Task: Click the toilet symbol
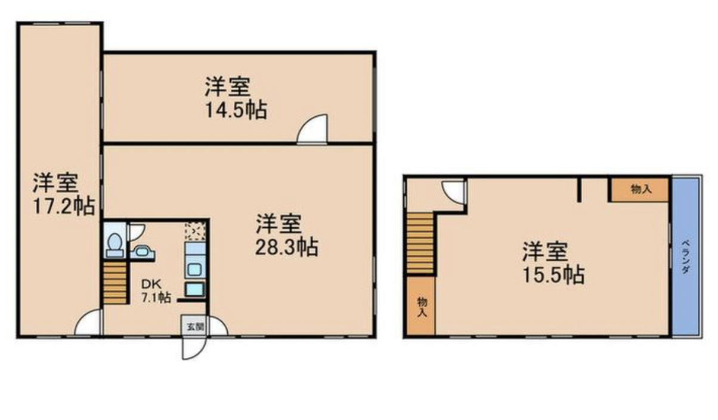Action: pyautogui.click(x=114, y=246)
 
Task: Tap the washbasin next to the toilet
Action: pyautogui.click(x=142, y=252)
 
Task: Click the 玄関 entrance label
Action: pyautogui.click(x=195, y=327)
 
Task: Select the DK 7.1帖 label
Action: pyautogui.click(x=156, y=291)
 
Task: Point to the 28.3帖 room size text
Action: pyautogui.click(x=287, y=247)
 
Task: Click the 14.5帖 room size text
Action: pyautogui.click(x=236, y=110)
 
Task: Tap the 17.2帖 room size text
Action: pyautogui.click(x=64, y=206)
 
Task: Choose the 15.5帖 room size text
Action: pyautogui.click(x=553, y=275)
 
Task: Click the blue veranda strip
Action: pyautogui.click(x=685, y=257)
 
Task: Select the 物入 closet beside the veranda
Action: pyautogui.click(x=639, y=190)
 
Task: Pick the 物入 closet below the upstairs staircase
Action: pyautogui.click(x=422, y=306)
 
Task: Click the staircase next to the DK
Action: pyautogui.click(x=115, y=282)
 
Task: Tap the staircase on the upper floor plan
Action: pyautogui.click(x=420, y=243)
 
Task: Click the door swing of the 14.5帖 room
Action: pyautogui.click(x=312, y=129)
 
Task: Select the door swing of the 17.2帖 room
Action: pyautogui.click(x=88, y=322)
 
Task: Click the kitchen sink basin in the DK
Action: pyautogui.click(x=195, y=269)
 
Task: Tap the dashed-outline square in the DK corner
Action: pyautogui.click(x=195, y=230)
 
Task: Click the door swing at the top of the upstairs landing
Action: pyautogui.click(x=453, y=192)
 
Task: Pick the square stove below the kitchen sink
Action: pyautogui.click(x=194, y=289)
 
